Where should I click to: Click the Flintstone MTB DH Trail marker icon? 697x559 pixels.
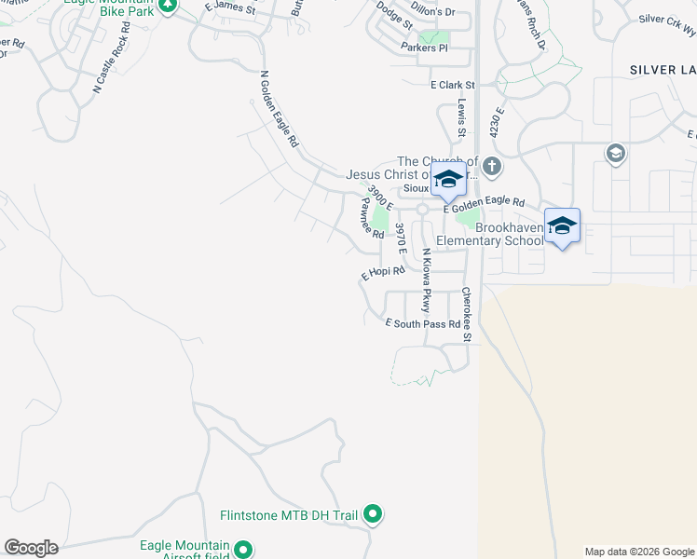pos(373,513)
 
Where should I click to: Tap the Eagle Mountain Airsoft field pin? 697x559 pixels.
pos(244,551)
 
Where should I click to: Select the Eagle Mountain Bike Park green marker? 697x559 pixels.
pos(168,5)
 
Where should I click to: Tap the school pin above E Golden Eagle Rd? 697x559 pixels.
pos(448,180)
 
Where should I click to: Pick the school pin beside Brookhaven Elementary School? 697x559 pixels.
pos(562,226)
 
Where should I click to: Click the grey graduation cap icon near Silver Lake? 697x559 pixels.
pos(615,153)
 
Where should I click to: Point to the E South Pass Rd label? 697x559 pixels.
pos(423,324)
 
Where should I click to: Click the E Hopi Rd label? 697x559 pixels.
pos(383,273)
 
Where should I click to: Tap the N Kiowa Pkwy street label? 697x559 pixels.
pos(426,279)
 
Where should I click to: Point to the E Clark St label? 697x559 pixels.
pos(453,85)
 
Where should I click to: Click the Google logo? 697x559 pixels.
pos(31,548)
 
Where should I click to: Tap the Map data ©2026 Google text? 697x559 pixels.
pos(638,552)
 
